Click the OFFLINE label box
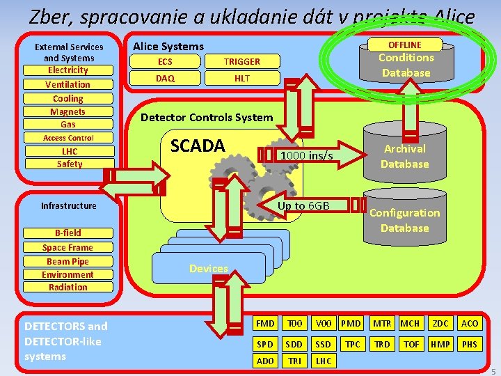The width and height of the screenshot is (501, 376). click(404, 45)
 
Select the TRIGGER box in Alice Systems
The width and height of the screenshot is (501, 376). click(242, 61)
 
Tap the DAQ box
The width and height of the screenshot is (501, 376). click(165, 78)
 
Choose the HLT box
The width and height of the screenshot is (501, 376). click(242, 78)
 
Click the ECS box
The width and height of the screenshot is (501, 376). click(165, 61)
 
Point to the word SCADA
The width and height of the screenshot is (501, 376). click(198, 146)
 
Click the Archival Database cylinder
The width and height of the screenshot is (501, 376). click(404, 156)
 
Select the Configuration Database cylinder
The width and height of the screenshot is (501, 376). click(404, 220)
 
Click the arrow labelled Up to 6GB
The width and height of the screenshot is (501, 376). click(303, 205)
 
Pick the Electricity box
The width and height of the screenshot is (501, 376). click(68, 70)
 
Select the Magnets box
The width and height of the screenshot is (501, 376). click(68, 111)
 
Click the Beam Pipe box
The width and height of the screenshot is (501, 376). click(68, 261)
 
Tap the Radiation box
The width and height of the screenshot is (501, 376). click(68, 287)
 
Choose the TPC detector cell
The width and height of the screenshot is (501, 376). click(352, 344)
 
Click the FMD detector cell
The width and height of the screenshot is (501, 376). click(265, 323)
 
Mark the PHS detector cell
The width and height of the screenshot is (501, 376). click(470, 344)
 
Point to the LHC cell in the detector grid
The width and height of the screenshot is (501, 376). click(324, 361)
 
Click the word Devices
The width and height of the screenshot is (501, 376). click(209, 268)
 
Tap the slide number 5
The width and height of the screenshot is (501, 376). click(494, 370)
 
